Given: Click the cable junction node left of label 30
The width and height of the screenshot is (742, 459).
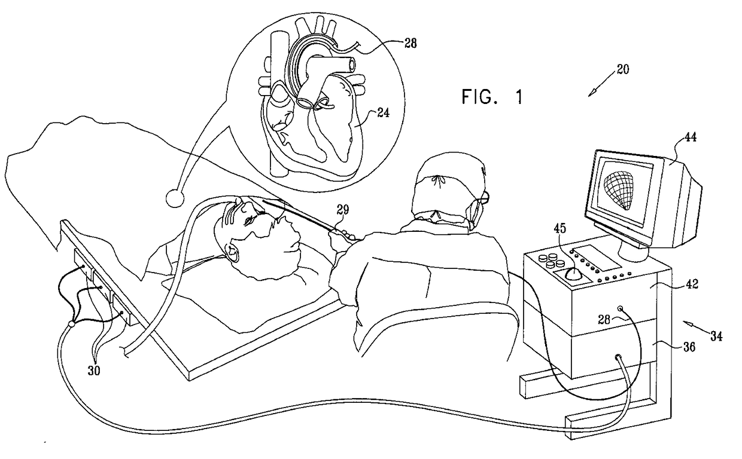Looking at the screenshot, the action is (72, 324).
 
